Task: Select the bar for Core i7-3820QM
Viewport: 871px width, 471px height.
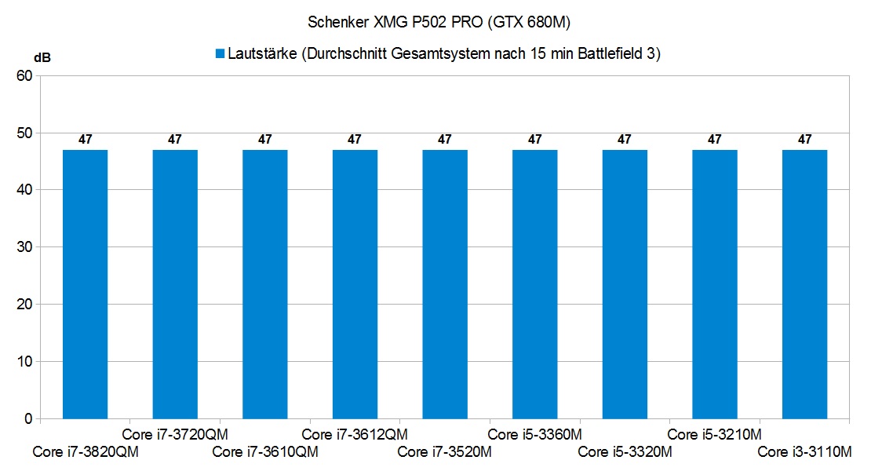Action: pyautogui.click(x=85, y=283)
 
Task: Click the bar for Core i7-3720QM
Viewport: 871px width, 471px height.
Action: pyautogui.click(x=175, y=283)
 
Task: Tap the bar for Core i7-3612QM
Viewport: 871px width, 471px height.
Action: pyautogui.click(x=355, y=283)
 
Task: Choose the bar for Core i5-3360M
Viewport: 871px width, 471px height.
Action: pyautogui.click(x=534, y=283)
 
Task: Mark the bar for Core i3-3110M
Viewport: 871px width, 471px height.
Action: pyautogui.click(x=804, y=283)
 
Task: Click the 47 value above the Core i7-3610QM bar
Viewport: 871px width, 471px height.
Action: pyautogui.click(x=265, y=140)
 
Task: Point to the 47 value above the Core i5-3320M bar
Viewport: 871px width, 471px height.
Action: pyautogui.click(x=625, y=140)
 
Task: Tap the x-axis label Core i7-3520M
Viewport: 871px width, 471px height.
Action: pyautogui.click(x=444, y=452)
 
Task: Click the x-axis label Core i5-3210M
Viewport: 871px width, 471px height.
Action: pyautogui.click(x=714, y=434)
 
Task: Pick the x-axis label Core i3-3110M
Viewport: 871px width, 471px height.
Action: pyautogui.click(x=804, y=452)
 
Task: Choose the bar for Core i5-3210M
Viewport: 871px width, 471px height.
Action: pyautogui.click(x=714, y=283)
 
